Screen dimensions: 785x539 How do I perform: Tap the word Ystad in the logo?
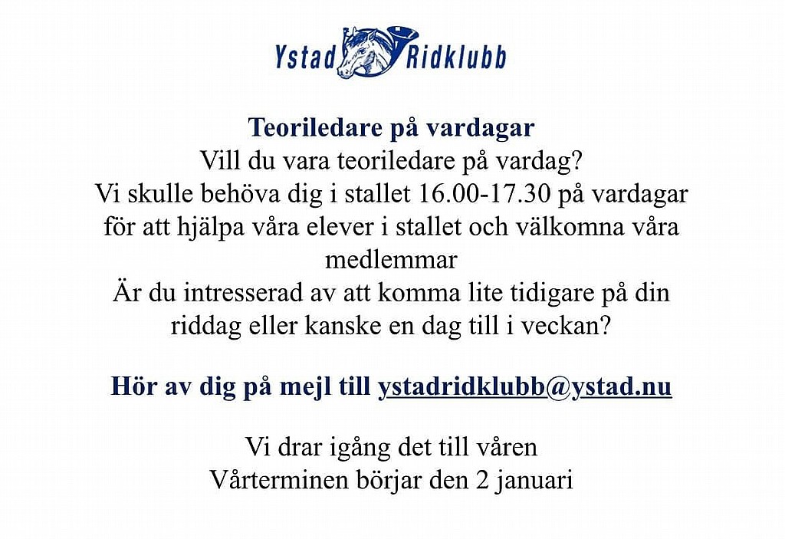305,57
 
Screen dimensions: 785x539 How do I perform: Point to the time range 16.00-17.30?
484,194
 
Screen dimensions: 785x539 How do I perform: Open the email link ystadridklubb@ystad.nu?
524,387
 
